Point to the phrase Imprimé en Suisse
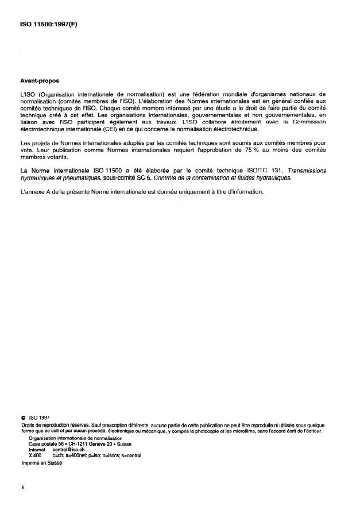[41, 463]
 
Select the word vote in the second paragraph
[26, 151]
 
